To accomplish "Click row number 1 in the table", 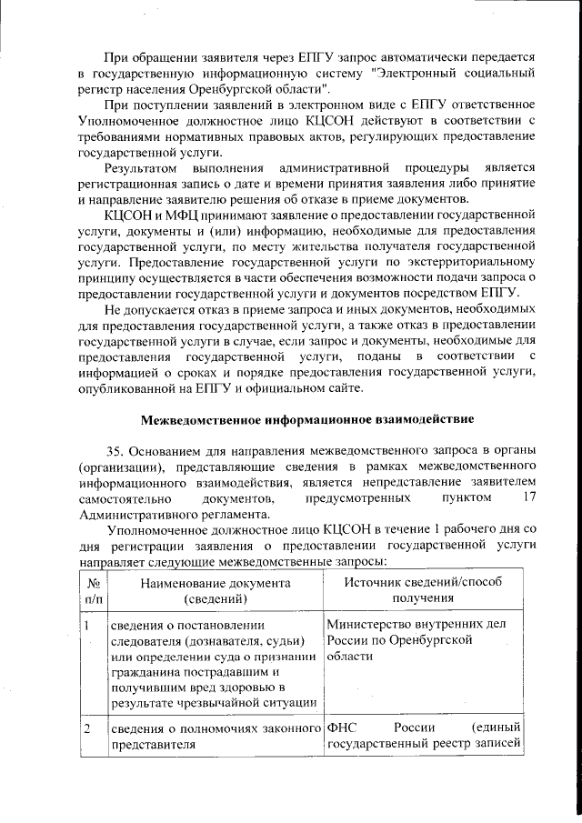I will pos(86,626).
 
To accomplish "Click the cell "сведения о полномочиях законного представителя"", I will pos(216,737).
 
